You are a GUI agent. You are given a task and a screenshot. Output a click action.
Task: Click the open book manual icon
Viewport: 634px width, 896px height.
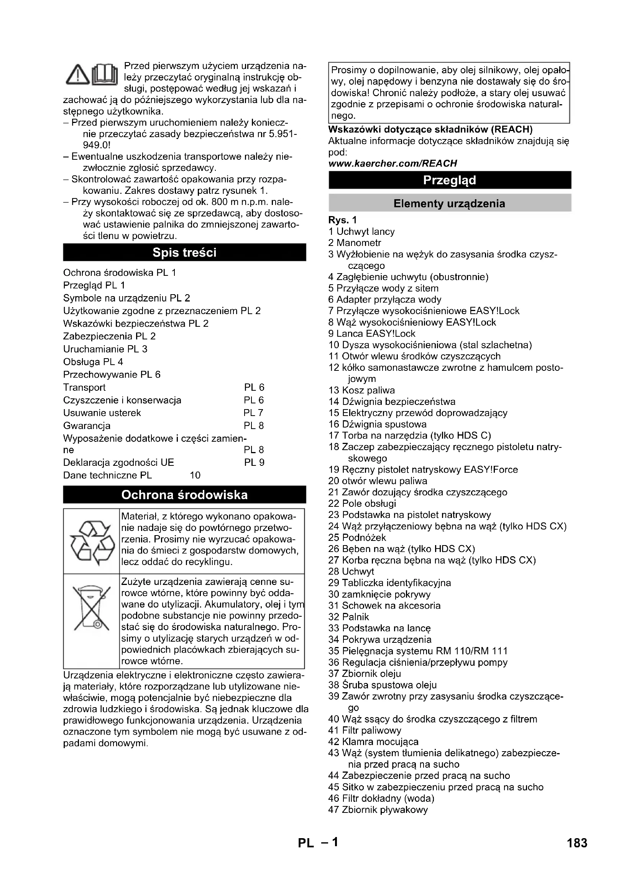point(105,74)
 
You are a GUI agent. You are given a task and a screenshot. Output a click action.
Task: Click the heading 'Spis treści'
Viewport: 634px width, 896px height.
point(184,252)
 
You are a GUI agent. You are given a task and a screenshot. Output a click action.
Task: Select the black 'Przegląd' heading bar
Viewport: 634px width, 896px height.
point(450,180)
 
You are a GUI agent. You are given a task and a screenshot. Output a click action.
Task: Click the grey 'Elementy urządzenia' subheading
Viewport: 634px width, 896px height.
point(450,203)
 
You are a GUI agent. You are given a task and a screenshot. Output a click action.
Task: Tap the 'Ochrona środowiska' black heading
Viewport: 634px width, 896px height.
point(184,495)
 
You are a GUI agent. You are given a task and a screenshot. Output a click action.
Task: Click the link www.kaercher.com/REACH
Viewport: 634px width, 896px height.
point(393,163)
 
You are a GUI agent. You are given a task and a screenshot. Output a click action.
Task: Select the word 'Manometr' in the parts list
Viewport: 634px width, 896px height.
point(358,243)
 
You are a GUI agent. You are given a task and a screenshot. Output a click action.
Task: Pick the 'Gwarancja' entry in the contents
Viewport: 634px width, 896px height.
point(87,425)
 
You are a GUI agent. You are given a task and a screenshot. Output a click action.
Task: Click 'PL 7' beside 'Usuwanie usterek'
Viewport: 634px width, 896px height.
point(253,413)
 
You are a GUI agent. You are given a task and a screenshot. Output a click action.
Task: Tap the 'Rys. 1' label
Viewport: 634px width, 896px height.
point(342,220)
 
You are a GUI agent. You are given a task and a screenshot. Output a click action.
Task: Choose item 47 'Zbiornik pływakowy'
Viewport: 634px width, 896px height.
point(378,809)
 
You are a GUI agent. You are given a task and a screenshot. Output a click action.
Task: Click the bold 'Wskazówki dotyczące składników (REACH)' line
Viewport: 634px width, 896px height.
point(430,129)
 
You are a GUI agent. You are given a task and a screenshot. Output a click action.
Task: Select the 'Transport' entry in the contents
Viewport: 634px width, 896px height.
point(84,387)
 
